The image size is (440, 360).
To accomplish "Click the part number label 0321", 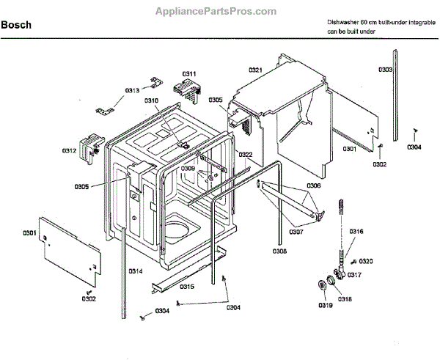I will (x=255, y=70).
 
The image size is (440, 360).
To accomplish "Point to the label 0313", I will (x=132, y=89).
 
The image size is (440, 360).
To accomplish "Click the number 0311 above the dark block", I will (x=188, y=74).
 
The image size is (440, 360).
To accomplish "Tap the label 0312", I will (x=69, y=150).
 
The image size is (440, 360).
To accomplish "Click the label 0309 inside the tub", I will (x=188, y=169).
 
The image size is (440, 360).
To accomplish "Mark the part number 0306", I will (x=313, y=185).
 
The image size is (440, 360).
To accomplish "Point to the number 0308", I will (x=280, y=251).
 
